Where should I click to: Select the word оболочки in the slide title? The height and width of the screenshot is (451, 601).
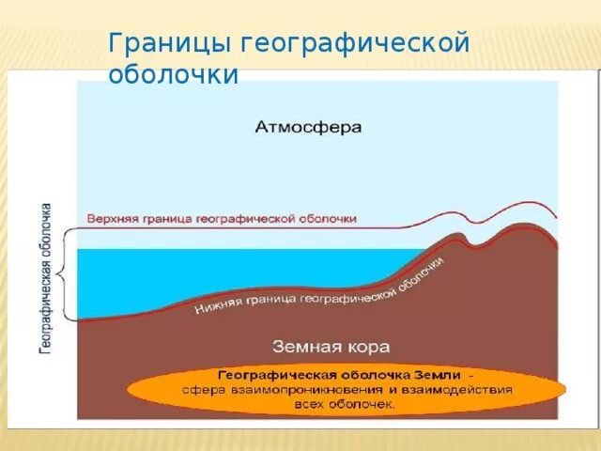(x=174, y=74)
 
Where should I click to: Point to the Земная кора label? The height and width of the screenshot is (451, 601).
(x=331, y=345)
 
